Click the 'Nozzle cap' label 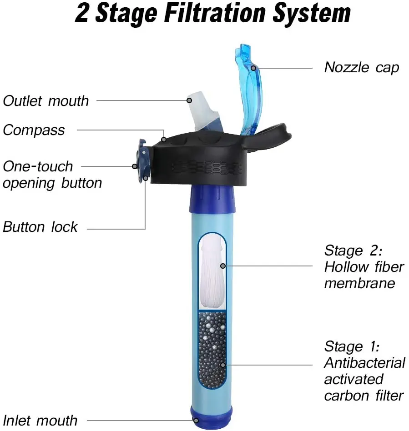361,68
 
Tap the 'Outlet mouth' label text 45,101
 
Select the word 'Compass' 34,130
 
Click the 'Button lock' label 40,227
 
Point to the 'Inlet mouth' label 40,421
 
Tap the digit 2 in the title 82,13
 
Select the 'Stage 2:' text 353,251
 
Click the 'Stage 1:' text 352,346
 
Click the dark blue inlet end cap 211,417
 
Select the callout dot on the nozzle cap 253,68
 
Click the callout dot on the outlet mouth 189,100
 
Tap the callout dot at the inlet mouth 196,421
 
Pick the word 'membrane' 359,283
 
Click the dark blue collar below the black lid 212,199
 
